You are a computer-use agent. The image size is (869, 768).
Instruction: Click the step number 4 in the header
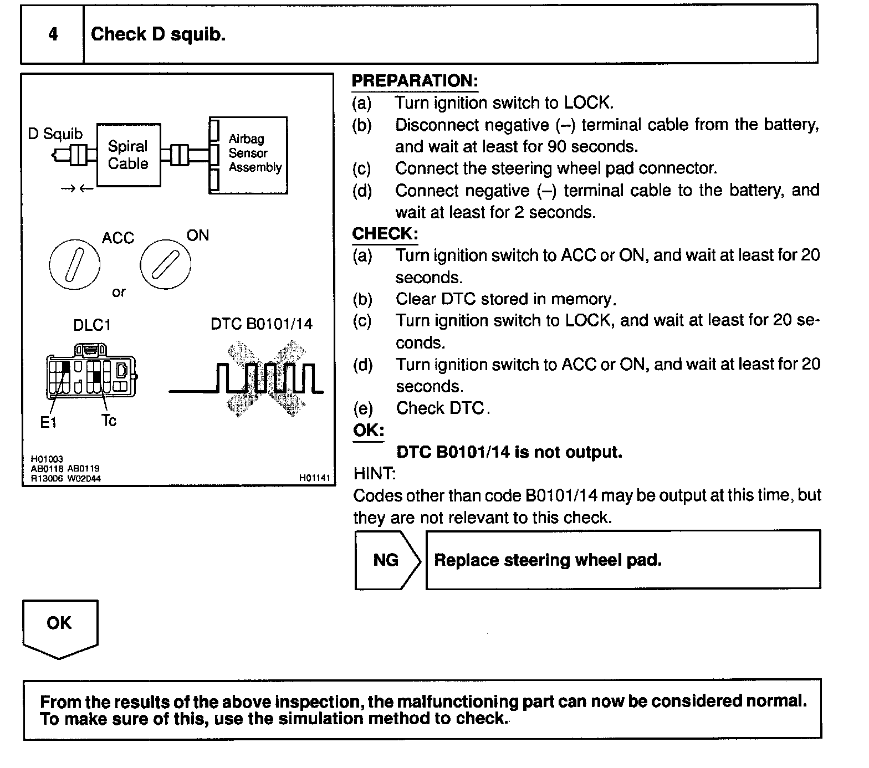click(53, 34)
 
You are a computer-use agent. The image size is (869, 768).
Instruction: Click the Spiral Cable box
click(128, 155)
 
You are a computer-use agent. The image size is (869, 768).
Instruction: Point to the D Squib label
click(55, 134)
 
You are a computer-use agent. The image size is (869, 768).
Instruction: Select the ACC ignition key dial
click(75, 265)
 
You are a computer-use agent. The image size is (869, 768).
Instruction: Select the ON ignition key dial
click(165, 264)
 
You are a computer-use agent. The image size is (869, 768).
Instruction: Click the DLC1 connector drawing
click(91, 371)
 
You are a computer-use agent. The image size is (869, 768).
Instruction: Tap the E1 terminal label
click(48, 423)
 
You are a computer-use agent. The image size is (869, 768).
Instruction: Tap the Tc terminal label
click(109, 421)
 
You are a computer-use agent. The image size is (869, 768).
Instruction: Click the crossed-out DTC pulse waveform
click(260, 378)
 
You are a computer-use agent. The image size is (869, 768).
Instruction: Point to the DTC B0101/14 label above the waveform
click(261, 324)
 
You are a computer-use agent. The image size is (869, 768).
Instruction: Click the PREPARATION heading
click(415, 81)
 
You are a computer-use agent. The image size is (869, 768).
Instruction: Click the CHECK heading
click(385, 234)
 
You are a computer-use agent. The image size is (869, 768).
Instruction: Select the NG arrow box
click(387, 560)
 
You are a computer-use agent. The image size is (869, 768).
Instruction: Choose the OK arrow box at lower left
click(59, 626)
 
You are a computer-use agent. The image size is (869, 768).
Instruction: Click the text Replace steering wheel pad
click(548, 560)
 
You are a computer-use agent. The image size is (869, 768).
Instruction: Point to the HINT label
click(374, 474)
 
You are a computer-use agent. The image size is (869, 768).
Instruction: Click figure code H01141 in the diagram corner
click(314, 478)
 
